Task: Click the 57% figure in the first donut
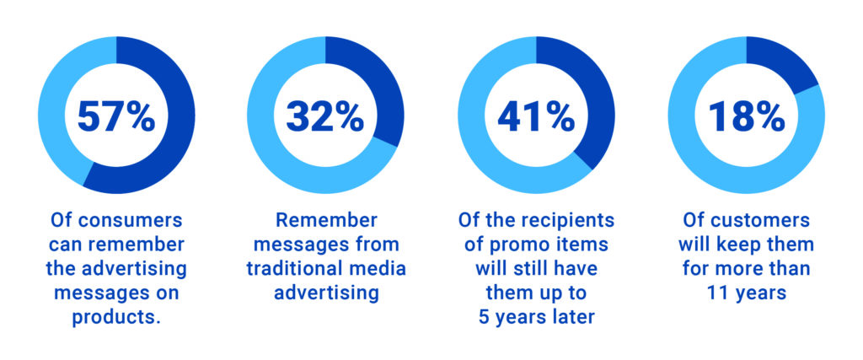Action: (116, 116)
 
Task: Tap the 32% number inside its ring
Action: (324, 116)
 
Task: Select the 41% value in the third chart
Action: (536, 116)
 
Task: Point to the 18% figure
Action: (747, 116)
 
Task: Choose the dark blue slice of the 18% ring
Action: (781, 61)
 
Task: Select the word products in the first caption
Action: (114, 318)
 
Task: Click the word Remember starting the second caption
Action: (326, 220)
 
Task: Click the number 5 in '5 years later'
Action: (485, 318)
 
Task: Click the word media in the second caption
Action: (382, 269)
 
